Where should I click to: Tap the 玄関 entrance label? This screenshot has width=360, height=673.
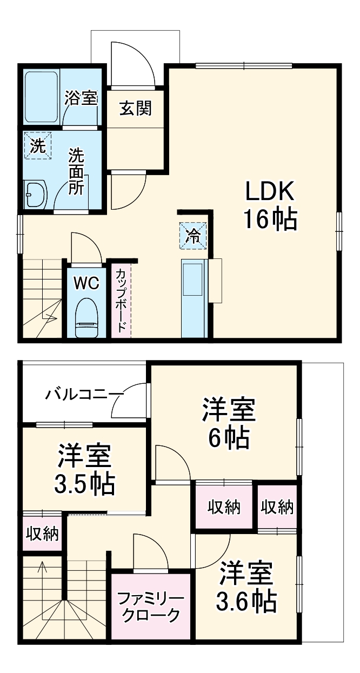[135, 109]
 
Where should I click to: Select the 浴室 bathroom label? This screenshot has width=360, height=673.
[81, 98]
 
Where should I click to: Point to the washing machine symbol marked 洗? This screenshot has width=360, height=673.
[37, 146]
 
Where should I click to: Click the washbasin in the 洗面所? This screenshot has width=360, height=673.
[37, 194]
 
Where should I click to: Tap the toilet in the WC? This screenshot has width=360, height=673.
[86, 319]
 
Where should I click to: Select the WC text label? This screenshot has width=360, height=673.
[86, 283]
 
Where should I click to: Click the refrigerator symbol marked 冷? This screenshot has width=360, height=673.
[193, 236]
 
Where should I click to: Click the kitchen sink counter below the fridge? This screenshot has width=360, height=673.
[193, 297]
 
